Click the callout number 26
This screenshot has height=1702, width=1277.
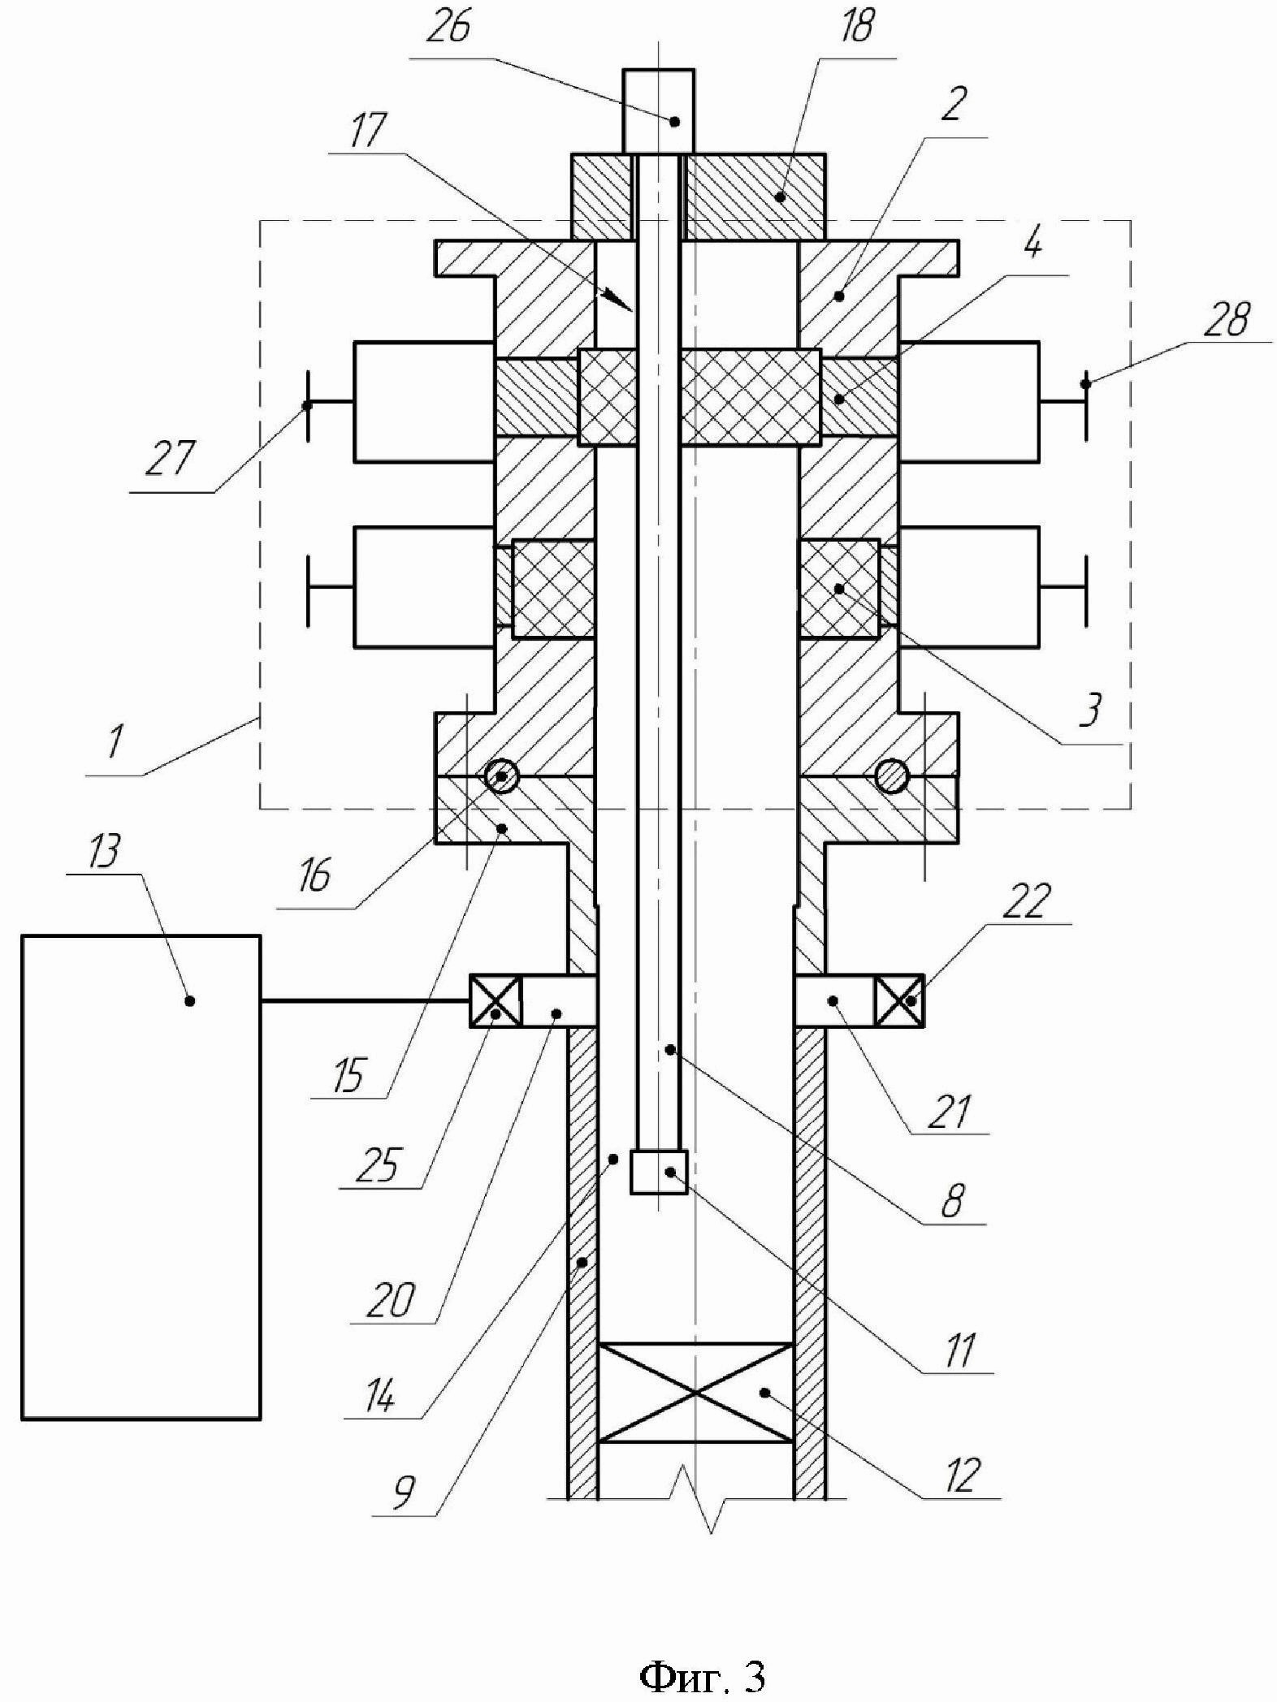click(450, 30)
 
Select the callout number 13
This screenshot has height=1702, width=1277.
click(103, 853)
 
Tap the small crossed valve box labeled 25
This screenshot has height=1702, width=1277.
click(495, 1000)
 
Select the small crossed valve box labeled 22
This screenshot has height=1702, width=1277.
click(898, 1000)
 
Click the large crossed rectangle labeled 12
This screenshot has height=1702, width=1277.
click(695, 1391)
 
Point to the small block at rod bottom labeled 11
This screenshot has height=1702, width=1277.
click(659, 1172)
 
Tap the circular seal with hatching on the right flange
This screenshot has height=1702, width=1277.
click(891, 776)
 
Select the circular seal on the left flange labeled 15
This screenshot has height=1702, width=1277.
click(501, 776)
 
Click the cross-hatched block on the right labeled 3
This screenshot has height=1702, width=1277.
click(840, 588)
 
